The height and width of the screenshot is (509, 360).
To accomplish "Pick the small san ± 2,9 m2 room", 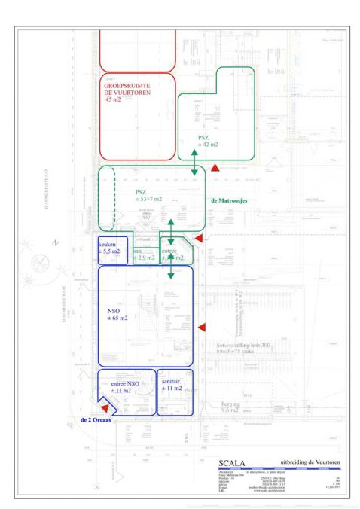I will (x=144, y=254).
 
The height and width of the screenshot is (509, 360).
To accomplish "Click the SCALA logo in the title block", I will (x=231, y=464).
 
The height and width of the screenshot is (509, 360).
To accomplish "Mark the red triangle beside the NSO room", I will (x=201, y=326).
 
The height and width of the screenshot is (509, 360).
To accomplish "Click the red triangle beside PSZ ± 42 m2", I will (x=215, y=169).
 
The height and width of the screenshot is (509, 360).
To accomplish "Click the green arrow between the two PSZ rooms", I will (x=194, y=163).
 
